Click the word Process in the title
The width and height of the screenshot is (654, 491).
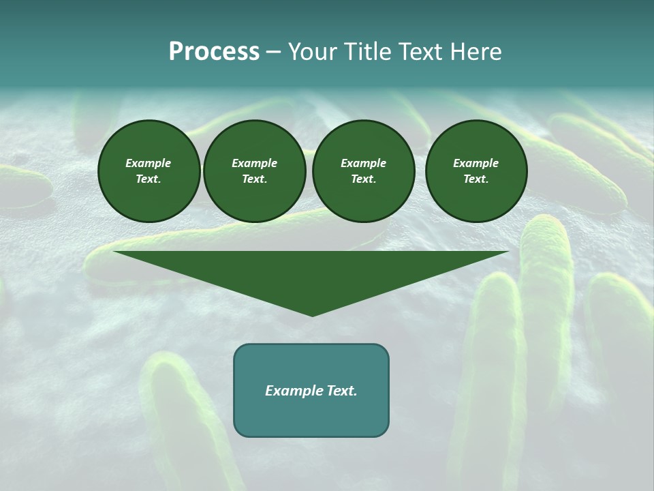(x=214, y=52)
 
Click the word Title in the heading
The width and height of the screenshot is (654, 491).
(x=367, y=52)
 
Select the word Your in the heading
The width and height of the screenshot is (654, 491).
(x=313, y=52)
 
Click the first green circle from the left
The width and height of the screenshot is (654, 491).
(x=149, y=171)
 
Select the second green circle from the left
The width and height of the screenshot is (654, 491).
(x=255, y=171)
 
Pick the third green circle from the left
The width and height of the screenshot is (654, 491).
(x=364, y=171)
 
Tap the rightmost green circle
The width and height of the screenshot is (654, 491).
(x=476, y=171)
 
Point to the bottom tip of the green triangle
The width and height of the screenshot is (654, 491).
(x=312, y=315)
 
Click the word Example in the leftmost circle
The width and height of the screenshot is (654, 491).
(x=149, y=163)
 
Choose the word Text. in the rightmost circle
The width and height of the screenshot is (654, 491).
(x=476, y=179)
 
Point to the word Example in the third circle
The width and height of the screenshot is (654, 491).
(x=364, y=163)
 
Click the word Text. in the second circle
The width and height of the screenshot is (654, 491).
(x=255, y=179)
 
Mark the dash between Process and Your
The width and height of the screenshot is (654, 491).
(x=274, y=52)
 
